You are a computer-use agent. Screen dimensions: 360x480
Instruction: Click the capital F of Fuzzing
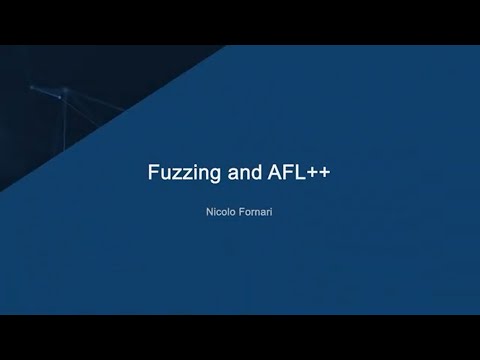tap(153, 172)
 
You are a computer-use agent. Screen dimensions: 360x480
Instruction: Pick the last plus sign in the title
tap(324, 172)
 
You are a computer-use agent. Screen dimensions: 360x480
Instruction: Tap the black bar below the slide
tap(240, 337)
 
